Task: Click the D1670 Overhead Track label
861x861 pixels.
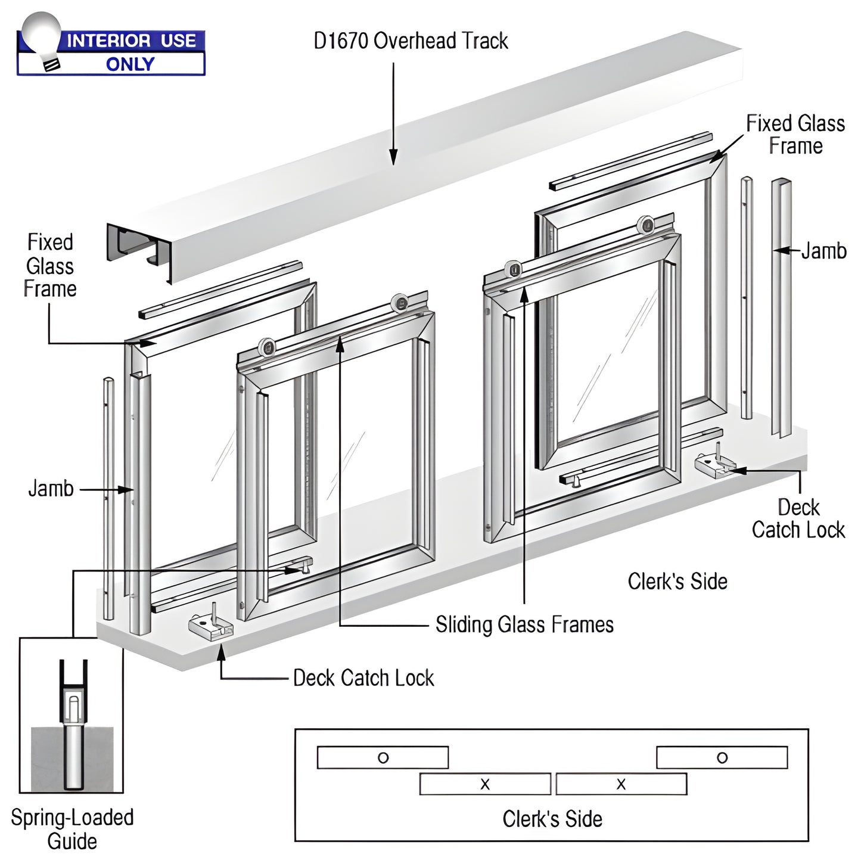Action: (x=411, y=41)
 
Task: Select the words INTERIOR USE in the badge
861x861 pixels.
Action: (x=131, y=41)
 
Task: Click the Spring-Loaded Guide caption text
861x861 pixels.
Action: (x=72, y=829)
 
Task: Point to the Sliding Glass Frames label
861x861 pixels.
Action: (x=524, y=624)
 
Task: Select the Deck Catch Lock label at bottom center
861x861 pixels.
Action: (x=363, y=678)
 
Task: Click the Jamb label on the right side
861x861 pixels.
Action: (x=823, y=251)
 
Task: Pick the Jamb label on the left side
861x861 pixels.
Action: (x=51, y=489)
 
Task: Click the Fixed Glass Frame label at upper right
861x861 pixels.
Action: (x=795, y=135)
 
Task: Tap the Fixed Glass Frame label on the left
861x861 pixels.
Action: (x=50, y=266)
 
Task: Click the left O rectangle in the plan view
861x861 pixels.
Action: (x=383, y=757)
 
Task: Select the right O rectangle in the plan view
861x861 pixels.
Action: (x=722, y=757)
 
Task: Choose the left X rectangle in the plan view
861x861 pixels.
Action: (x=485, y=784)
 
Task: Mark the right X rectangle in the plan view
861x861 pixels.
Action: (x=621, y=784)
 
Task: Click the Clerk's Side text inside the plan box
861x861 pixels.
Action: (x=552, y=819)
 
